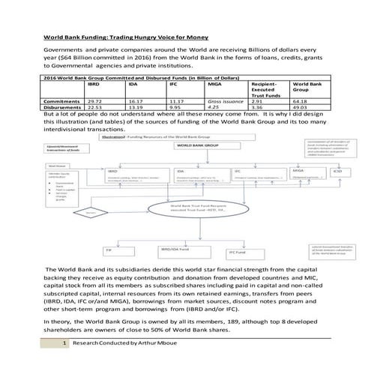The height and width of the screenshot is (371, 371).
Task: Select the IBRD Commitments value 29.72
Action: click(95, 100)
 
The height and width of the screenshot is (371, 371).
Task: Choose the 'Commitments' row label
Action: click(62, 100)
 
